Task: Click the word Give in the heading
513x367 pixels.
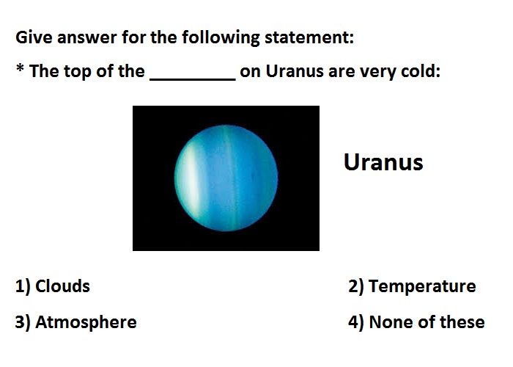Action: click(34, 37)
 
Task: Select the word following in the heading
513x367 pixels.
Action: click(221, 38)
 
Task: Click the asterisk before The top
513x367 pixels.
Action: click(20, 68)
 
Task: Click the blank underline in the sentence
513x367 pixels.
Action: click(192, 79)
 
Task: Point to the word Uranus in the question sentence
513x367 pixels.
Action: click(295, 71)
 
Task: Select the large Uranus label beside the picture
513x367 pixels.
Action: click(383, 162)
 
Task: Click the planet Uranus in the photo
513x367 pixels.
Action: click(226, 178)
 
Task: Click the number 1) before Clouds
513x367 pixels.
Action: click(23, 287)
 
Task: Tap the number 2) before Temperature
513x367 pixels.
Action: click(356, 287)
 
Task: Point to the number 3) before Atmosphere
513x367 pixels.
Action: click(23, 323)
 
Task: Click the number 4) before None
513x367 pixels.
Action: click(356, 323)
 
